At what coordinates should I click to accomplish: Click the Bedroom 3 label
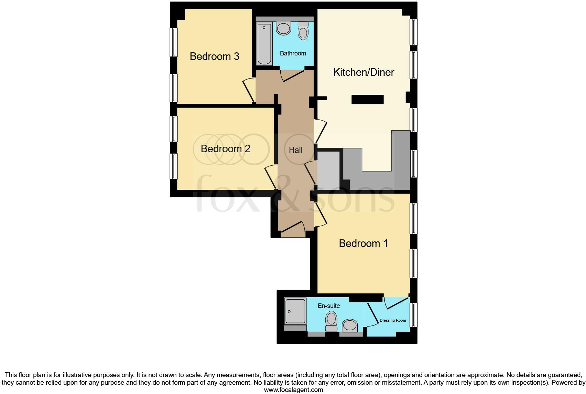[214, 56]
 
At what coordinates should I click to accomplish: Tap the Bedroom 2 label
[225, 149]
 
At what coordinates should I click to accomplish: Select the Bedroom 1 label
[363, 243]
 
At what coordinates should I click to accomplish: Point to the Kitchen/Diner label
[363, 72]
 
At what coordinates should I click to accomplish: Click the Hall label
[295, 150]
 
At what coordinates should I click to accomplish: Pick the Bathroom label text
[293, 53]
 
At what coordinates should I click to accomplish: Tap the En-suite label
[329, 306]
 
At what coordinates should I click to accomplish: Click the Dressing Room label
[393, 320]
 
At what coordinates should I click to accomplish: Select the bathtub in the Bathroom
[264, 44]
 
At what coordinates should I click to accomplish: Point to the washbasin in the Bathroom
[283, 28]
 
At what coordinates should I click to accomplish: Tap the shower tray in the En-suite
[295, 311]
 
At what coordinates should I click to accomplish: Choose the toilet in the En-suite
[331, 321]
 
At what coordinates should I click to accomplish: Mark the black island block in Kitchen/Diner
[367, 100]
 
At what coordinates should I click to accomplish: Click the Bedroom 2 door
[271, 177]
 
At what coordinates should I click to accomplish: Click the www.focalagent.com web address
[293, 390]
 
